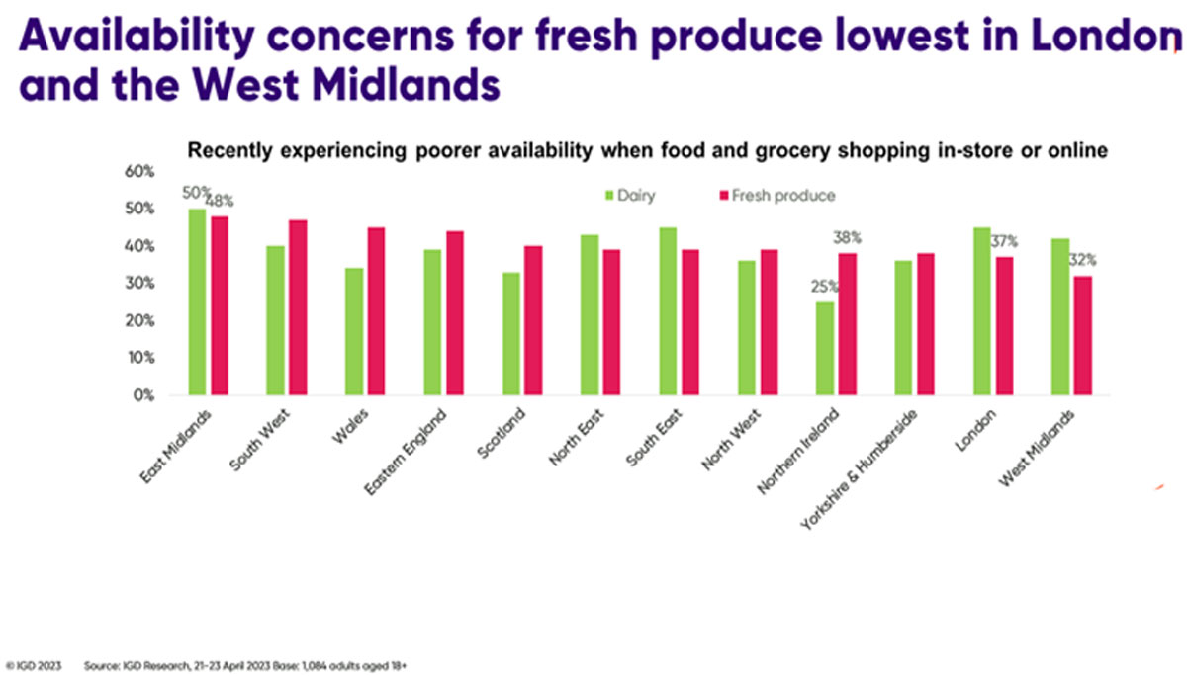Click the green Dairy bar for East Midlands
198,301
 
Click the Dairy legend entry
634,195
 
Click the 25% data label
823,287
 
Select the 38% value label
847,237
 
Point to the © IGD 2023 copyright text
35,666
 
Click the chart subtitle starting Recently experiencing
647,150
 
